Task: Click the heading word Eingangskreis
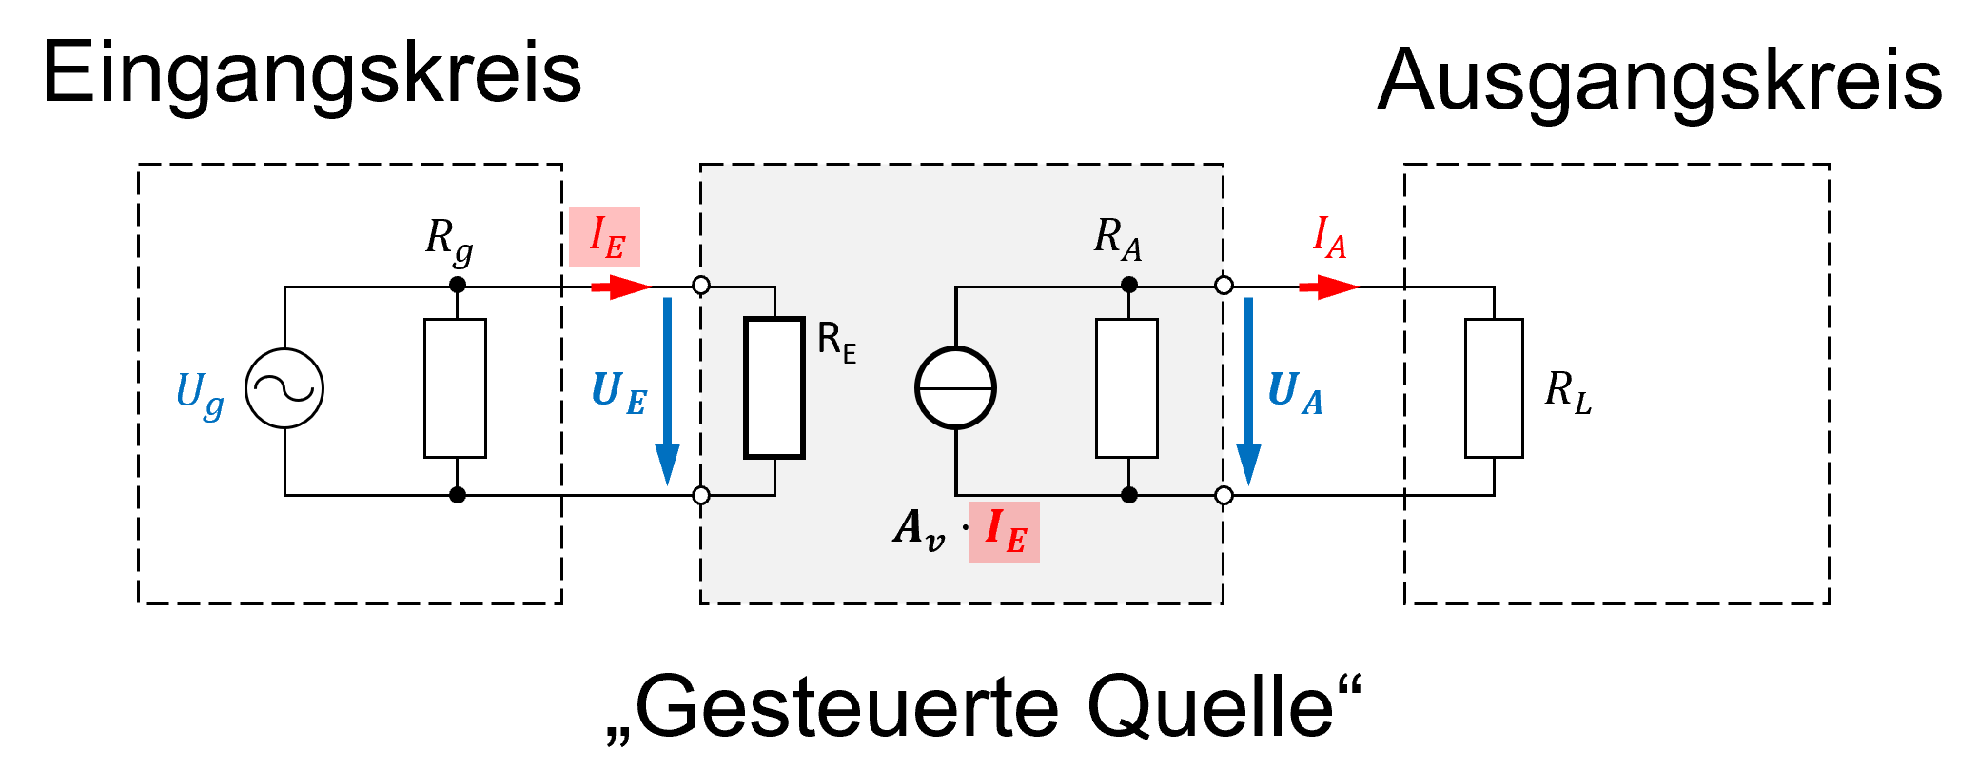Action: (x=312, y=74)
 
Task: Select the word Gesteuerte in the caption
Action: (x=847, y=707)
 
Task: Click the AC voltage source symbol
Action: (x=284, y=388)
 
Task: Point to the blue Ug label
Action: (x=200, y=392)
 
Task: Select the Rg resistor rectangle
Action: (x=455, y=388)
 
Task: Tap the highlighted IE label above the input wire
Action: (x=605, y=237)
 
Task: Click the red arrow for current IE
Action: (x=620, y=286)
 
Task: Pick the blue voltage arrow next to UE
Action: (x=668, y=390)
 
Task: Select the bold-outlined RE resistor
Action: (x=774, y=388)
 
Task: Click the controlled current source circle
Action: (x=955, y=388)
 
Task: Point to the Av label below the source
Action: (x=918, y=528)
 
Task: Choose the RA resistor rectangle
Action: (x=1127, y=388)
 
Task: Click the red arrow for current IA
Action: (x=1328, y=286)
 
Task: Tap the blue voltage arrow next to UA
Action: (x=1248, y=390)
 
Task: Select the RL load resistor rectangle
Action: (x=1494, y=388)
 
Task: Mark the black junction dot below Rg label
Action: (x=458, y=285)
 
